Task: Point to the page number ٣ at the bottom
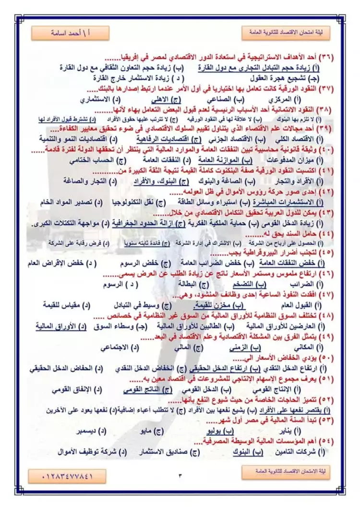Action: tap(180, 475)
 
